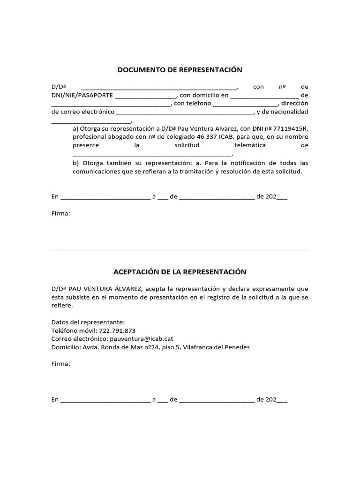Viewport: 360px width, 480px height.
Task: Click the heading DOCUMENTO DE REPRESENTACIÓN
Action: (180, 70)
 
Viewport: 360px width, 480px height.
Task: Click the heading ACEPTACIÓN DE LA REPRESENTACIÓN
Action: (180, 272)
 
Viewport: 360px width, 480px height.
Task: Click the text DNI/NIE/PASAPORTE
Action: (82, 95)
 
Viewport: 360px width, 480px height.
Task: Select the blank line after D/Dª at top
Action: (159, 88)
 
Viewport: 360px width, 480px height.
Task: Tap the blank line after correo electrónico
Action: (184, 113)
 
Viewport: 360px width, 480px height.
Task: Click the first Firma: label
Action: (60, 214)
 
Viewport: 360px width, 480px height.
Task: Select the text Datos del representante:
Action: (88, 322)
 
